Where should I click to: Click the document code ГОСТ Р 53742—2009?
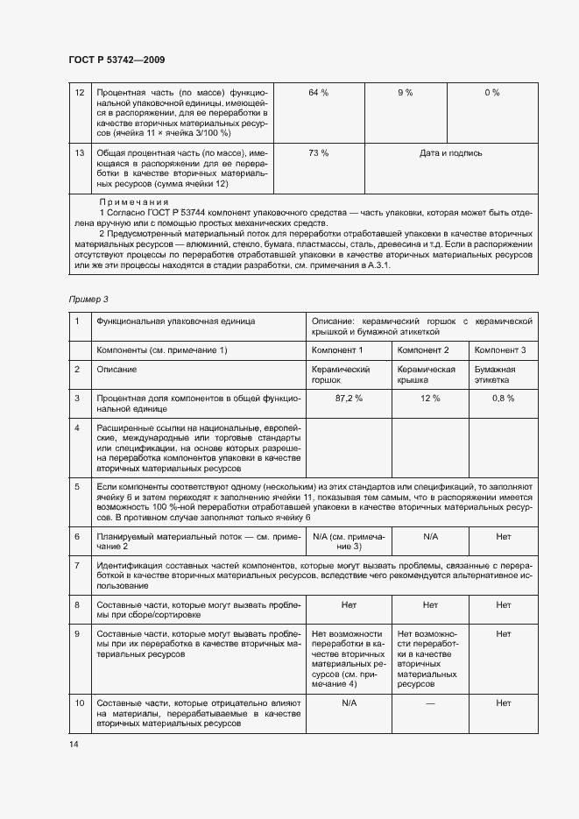click(x=117, y=60)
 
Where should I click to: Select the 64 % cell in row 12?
click(x=318, y=93)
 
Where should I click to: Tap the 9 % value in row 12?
click(x=405, y=93)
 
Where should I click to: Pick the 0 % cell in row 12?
click(x=491, y=93)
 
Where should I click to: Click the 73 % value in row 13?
click(x=318, y=153)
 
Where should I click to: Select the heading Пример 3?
click(x=88, y=300)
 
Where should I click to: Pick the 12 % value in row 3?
click(x=430, y=399)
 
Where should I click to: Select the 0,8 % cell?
click(x=503, y=399)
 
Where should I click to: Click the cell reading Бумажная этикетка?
click(x=496, y=375)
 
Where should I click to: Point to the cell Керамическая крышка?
click(x=427, y=375)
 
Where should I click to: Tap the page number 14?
click(x=74, y=744)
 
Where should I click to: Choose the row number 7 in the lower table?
click(x=78, y=567)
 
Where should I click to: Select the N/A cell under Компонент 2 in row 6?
click(x=430, y=535)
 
